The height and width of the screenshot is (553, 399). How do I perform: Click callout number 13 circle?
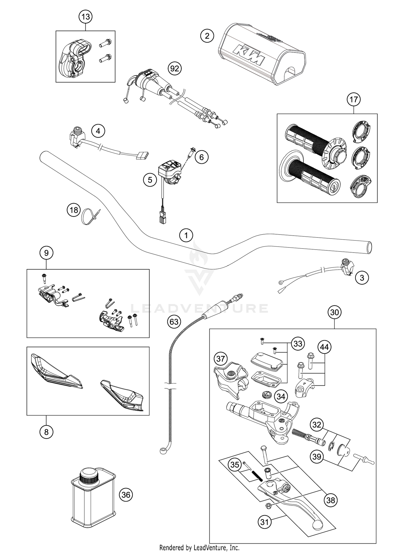tap(85, 17)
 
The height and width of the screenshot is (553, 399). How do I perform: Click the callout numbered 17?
tap(354, 100)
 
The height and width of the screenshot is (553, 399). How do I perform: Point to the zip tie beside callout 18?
tap(90, 217)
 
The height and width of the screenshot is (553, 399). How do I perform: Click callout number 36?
tap(126, 495)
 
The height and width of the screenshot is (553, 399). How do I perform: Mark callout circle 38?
tap(331, 500)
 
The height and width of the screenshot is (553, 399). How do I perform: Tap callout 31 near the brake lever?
tap(264, 522)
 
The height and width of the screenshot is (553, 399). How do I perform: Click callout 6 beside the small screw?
tap(201, 157)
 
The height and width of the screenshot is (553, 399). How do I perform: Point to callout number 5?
tap(150, 180)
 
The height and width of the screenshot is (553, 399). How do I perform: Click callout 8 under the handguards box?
tap(46, 432)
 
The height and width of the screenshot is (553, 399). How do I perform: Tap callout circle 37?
tap(221, 359)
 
